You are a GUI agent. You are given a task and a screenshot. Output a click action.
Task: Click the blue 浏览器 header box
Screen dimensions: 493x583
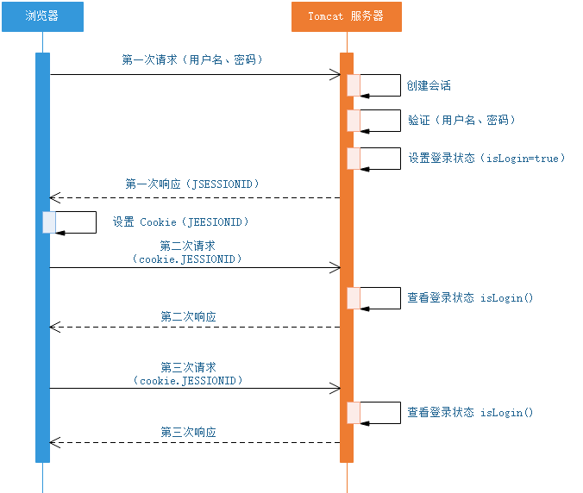pyautogui.click(x=42, y=16)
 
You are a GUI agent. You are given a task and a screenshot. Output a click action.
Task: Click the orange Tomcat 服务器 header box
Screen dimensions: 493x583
pyautogui.click(x=346, y=16)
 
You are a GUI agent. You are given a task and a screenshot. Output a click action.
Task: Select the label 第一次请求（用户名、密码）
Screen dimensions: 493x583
pyautogui.click(x=192, y=60)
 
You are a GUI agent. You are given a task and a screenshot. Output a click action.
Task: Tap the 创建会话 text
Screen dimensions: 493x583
pyautogui.click(x=429, y=86)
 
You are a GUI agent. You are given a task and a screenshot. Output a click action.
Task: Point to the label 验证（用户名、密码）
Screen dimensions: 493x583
pyautogui.click(x=461, y=121)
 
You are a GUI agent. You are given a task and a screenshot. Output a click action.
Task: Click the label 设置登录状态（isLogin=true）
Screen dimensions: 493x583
pyautogui.click(x=486, y=159)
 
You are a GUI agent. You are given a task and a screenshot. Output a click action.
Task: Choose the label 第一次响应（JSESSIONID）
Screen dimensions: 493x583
pyautogui.click(x=192, y=184)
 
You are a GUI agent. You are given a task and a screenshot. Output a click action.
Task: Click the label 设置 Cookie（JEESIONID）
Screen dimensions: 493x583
pyautogui.click(x=181, y=222)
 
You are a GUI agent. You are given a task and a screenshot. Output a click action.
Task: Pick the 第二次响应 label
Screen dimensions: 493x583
pyautogui.click(x=188, y=316)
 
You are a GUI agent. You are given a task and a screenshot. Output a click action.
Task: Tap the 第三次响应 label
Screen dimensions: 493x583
pyautogui.click(x=188, y=432)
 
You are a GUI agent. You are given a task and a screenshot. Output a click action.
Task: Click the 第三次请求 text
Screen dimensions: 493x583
pyautogui.click(x=188, y=367)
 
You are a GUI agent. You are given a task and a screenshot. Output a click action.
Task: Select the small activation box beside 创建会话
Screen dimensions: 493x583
pyautogui.click(x=354, y=85)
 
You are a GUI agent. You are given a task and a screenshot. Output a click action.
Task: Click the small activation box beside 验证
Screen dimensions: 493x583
pyautogui.click(x=354, y=120)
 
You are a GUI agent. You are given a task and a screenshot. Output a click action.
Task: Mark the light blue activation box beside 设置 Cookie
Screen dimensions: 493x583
pyautogui.click(x=50, y=222)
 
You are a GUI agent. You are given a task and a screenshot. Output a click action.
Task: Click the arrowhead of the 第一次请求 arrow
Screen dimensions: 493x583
pyautogui.click(x=336, y=75)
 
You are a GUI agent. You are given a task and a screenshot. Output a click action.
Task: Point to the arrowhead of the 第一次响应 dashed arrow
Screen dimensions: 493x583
pyautogui.click(x=54, y=198)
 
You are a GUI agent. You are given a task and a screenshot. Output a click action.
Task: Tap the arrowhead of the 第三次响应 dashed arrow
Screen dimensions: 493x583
pyautogui.click(x=54, y=443)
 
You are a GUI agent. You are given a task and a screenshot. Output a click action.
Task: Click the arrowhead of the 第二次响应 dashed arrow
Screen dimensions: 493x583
pyautogui.click(x=54, y=328)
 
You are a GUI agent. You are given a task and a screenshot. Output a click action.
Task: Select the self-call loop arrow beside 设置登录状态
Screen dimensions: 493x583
pyautogui.click(x=382, y=158)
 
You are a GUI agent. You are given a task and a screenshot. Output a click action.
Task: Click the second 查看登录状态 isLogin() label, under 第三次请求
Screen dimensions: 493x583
pyautogui.click(x=470, y=413)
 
